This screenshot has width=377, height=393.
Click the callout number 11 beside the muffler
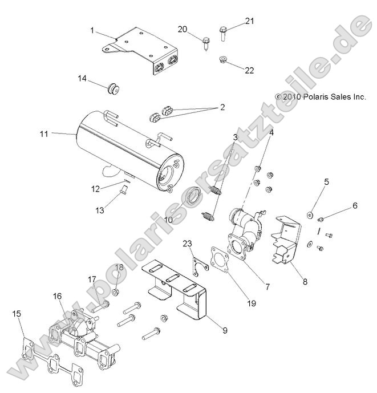pos(44,133)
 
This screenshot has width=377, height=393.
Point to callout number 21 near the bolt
pos(249,22)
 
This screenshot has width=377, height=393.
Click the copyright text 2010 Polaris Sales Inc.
pos(321,98)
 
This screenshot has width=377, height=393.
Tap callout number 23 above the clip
pos(187,244)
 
